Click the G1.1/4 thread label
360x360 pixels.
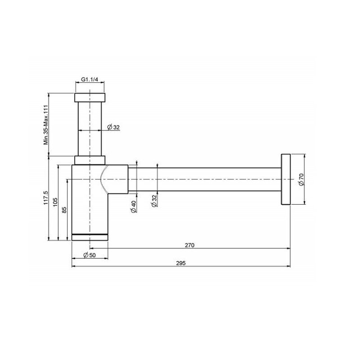[90, 80]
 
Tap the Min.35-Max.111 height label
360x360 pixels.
[46, 125]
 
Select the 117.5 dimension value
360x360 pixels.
[45, 198]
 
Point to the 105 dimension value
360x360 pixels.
[55, 202]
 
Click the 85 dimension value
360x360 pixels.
[64, 210]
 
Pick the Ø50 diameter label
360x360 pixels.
[90, 255]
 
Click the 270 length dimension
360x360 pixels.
[189, 245]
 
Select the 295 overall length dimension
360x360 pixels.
[181, 263]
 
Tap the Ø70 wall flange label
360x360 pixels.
[301, 179]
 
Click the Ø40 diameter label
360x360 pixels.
[134, 207]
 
